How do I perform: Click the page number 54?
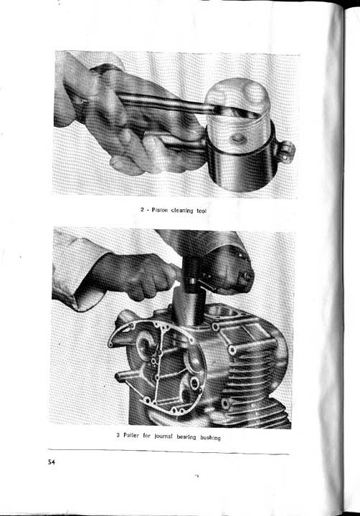(x=52, y=462)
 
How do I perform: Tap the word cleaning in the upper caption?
(x=187, y=210)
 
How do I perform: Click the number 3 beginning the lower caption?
(x=118, y=436)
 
